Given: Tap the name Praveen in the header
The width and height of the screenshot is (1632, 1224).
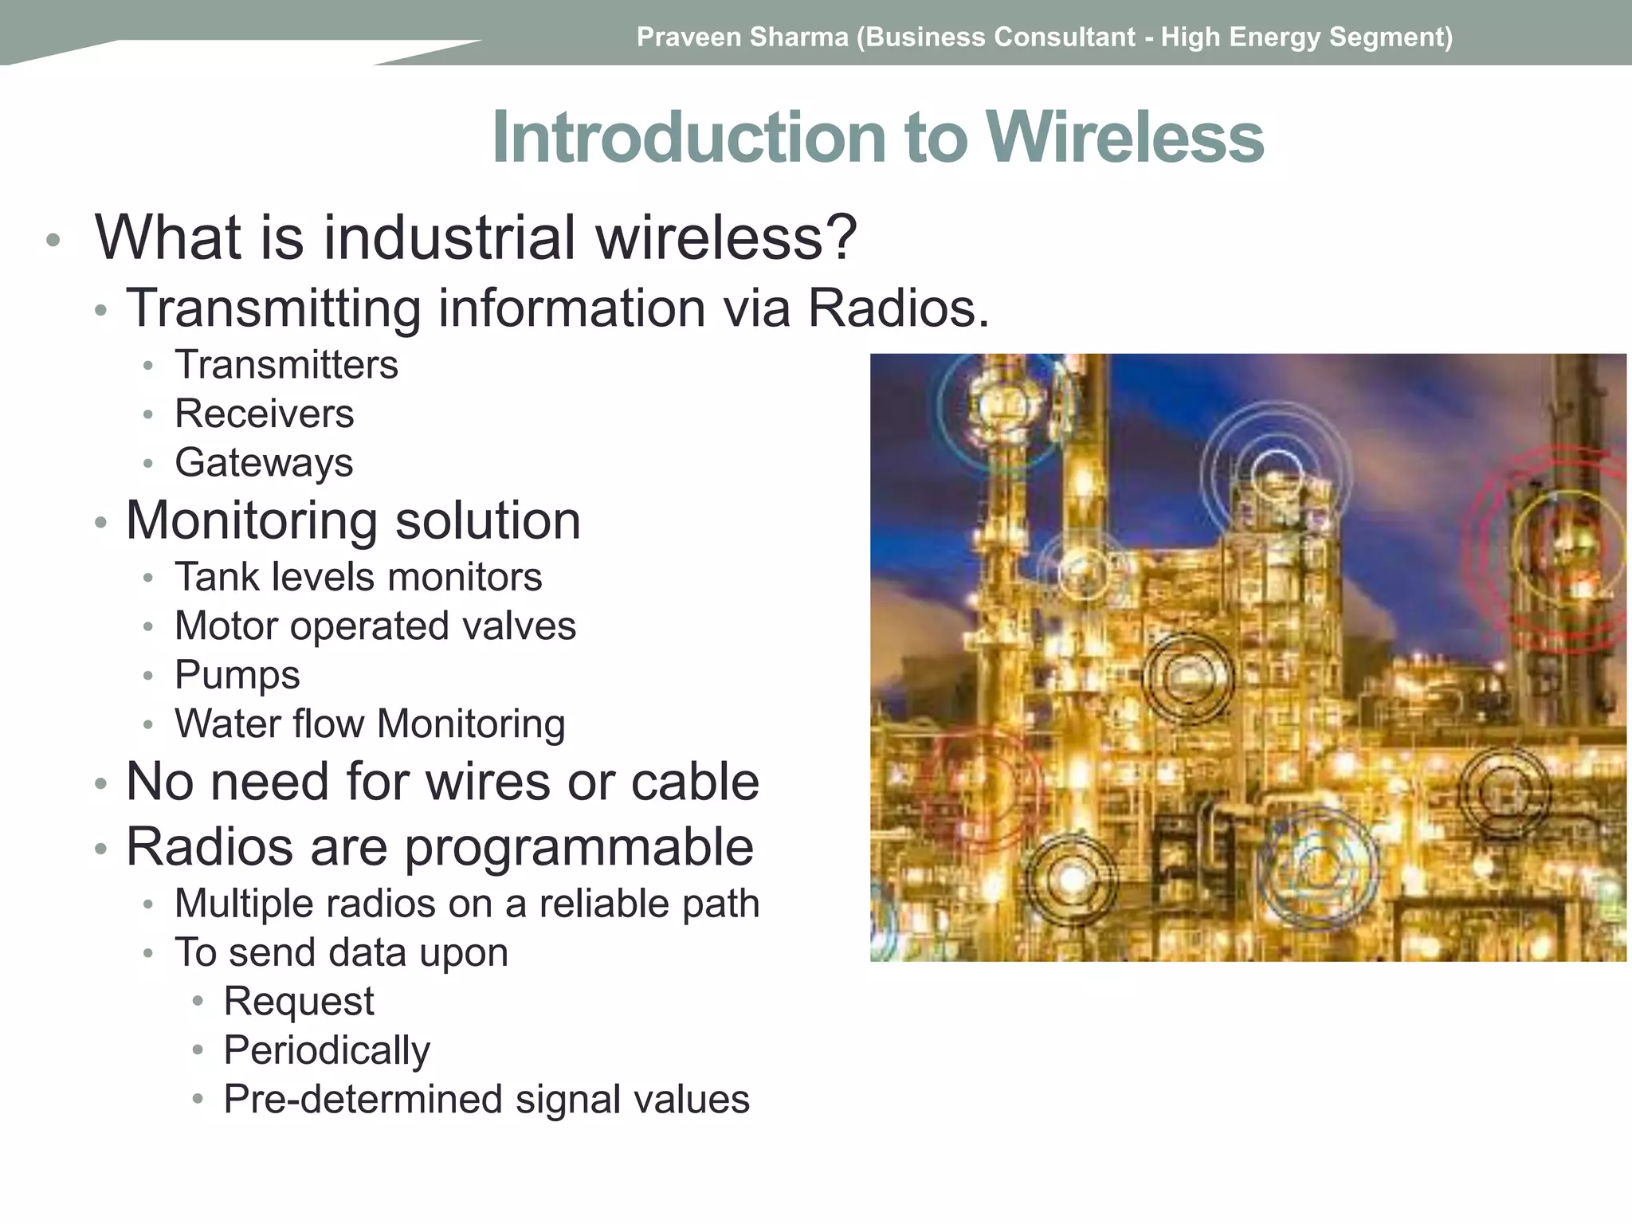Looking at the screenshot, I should pos(686,37).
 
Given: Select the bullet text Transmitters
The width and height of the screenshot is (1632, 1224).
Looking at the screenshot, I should pos(286,365).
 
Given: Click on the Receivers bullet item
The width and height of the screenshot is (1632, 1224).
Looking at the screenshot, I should pos(264,414).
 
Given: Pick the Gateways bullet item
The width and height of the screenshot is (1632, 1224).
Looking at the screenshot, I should pos(264,463).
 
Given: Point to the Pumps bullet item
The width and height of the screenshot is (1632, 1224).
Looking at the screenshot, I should pos(237,675).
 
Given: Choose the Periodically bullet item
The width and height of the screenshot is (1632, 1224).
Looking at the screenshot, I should pos(327,1050).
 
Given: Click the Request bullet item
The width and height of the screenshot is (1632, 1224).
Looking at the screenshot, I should pos(298,1002).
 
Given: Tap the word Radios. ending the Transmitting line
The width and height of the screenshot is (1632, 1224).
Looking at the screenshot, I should pos(898,309).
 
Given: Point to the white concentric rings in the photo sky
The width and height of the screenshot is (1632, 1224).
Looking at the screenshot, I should pos(1276,473).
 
